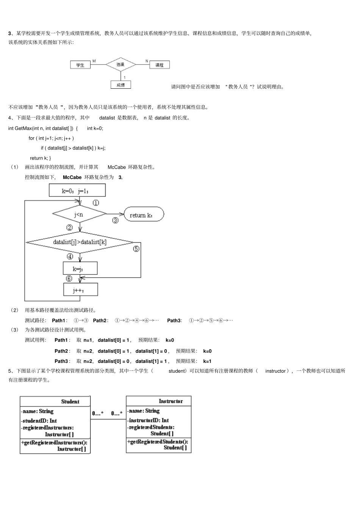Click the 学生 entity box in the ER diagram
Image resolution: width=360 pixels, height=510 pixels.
(x=80, y=65)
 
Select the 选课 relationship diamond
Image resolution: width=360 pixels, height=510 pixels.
(x=121, y=64)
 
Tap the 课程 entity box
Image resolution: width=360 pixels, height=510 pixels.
(x=160, y=65)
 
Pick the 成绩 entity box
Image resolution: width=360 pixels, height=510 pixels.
(x=121, y=85)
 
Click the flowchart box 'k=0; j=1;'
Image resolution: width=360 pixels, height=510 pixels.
(x=77, y=190)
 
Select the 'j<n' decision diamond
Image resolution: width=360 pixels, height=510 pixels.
(x=80, y=214)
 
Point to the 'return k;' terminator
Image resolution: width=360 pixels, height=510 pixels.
(x=144, y=214)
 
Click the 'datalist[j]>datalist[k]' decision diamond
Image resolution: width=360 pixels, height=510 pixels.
(x=80, y=242)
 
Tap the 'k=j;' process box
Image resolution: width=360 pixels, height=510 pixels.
(x=80, y=268)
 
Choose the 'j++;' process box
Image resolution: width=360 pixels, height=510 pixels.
(x=81, y=290)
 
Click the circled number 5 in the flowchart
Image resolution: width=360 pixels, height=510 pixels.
(x=136, y=249)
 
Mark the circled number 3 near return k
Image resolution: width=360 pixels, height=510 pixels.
(x=115, y=220)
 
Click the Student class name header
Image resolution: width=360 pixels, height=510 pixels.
(x=70, y=402)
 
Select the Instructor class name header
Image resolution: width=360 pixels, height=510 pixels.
(x=171, y=401)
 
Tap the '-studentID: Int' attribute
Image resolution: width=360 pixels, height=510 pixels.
(x=39, y=421)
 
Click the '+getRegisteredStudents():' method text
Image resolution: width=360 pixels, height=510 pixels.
(x=158, y=442)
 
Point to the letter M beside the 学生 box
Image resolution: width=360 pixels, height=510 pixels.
(x=94, y=61)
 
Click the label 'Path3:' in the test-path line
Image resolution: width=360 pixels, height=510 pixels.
(x=175, y=320)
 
